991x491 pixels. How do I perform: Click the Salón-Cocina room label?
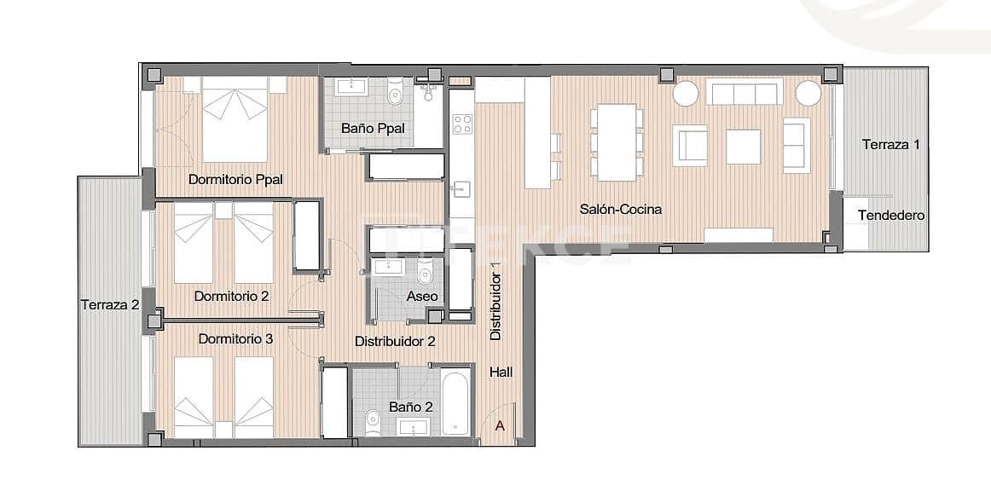pos(621,209)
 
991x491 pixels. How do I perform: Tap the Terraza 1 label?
pos(890,144)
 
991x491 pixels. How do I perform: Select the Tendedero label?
pos(891,216)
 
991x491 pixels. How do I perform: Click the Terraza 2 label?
pos(110,303)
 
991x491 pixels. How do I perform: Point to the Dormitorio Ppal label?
pos(235,179)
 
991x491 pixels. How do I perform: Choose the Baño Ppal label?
pos(373,129)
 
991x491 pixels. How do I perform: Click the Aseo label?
pos(422,296)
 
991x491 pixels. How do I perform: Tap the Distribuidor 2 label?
pos(396,341)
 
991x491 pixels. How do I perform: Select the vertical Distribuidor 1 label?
pos(495,303)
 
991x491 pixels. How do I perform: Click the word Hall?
pos(502,372)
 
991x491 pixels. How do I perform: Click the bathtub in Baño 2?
pos(455,403)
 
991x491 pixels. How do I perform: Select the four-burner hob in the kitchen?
pos(461,124)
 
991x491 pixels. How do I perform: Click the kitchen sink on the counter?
pos(461,188)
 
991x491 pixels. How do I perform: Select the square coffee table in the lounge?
pos(743,146)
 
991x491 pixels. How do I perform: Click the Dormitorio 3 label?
pos(235,338)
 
